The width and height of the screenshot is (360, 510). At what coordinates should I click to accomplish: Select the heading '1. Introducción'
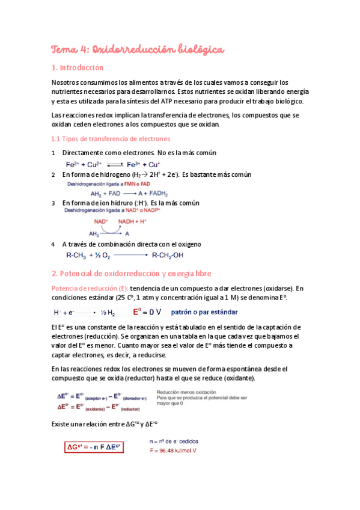78,68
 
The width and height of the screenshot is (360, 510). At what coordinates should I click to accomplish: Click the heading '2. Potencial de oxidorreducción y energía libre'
132,274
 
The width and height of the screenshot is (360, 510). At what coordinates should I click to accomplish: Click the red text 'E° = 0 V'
147,312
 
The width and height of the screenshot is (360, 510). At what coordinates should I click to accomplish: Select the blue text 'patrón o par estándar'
204,312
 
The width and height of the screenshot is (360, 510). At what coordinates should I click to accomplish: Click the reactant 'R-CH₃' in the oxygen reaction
76,256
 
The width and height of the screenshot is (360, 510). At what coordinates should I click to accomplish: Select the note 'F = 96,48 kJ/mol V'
176,450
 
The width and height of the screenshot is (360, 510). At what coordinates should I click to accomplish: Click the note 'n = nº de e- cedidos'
175,440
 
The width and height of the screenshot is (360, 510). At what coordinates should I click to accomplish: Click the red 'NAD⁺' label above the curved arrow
101,221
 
